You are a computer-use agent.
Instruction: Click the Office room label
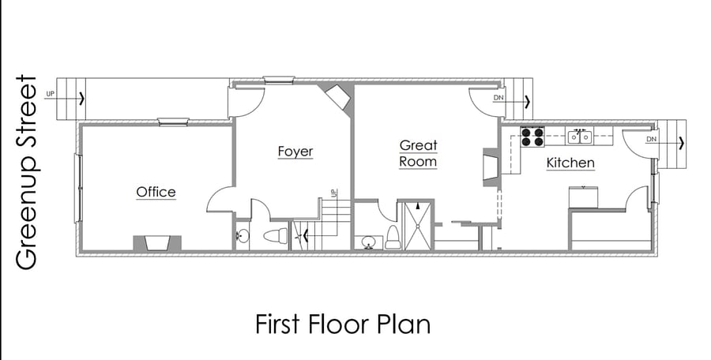(x=156, y=192)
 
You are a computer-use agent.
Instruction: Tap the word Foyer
(x=295, y=152)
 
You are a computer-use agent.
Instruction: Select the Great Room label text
(x=418, y=153)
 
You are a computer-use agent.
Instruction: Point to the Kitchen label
(x=570, y=163)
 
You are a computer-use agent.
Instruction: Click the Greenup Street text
(x=26, y=172)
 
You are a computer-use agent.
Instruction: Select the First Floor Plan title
(x=343, y=324)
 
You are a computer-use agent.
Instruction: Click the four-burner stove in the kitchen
(x=532, y=137)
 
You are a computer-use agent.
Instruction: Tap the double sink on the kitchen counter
(x=580, y=136)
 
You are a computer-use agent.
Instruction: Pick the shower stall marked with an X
(x=419, y=226)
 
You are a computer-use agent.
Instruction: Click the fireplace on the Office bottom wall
(x=157, y=243)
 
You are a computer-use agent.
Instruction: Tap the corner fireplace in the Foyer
(x=338, y=96)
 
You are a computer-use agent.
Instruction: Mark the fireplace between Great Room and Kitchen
(x=491, y=167)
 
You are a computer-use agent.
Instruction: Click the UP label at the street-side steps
(x=51, y=94)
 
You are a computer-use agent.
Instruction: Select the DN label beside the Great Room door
(x=498, y=98)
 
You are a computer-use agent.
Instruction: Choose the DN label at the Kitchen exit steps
(x=651, y=139)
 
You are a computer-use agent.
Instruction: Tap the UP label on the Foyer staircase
(x=335, y=193)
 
